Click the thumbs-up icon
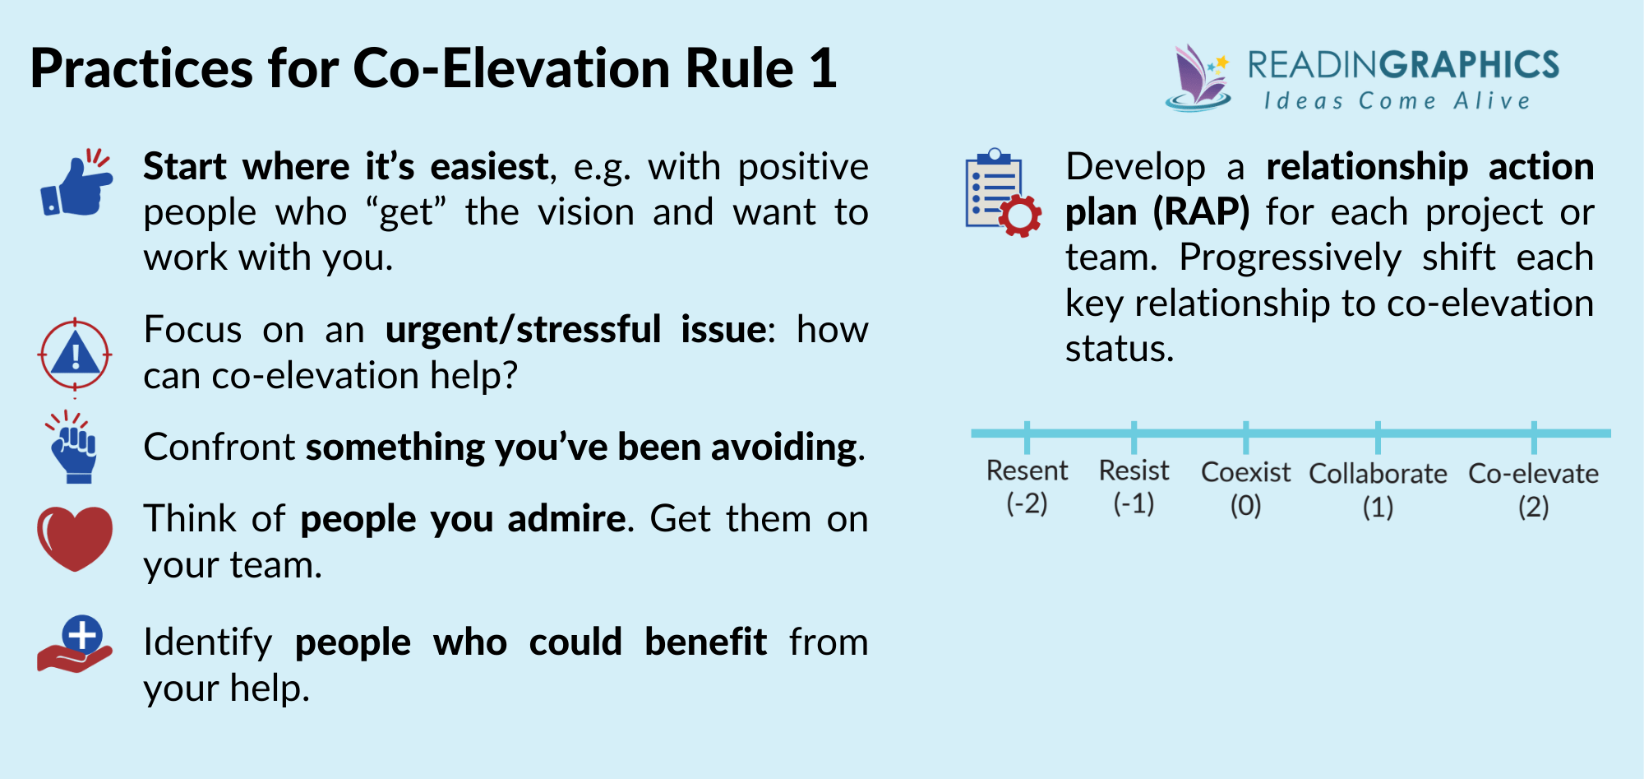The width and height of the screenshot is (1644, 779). pyautogui.click(x=76, y=184)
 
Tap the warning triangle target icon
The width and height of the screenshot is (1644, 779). pyautogui.click(x=75, y=355)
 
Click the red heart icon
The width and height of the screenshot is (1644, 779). pyautogui.click(x=75, y=538)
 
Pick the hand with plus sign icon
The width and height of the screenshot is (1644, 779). pyautogui.click(x=76, y=644)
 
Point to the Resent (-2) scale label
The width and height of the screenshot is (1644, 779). pyautogui.click(x=1027, y=486)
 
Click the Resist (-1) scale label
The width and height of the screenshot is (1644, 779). pyautogui.click(x=1134, y=486)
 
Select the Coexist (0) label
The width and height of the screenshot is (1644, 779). pyautogui.click(x=1245, y=488)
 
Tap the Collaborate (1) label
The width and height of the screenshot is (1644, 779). pyautogui.click(x=1378, y=489)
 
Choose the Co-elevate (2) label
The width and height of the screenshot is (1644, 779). pyautogui.click(x=1533, y=489)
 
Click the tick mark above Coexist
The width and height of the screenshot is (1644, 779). pyautogui.click(x=1245, y=437)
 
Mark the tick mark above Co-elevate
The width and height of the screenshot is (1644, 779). pyautogui.click(x=1533, y=437)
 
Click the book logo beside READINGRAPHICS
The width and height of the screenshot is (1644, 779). pyautogui.click(x=1198, y=78)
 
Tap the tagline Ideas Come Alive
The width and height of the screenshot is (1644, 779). pyautogui.click(x=1397, y=101)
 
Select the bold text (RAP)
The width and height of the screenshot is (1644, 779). pyautogui.click(x=1201, y=212)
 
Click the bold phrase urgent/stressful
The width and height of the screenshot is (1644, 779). pyautogui.click(x=523, y=330)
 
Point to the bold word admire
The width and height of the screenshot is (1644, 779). pyautogui.click(x=566, y=519)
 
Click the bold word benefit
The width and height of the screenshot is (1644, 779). pyautogui.click(x=705, y=642)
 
